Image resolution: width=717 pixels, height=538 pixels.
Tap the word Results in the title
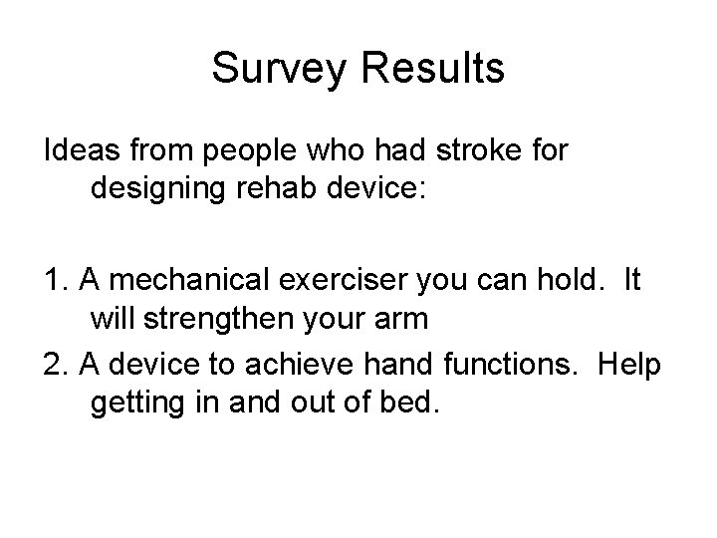coord(431,69)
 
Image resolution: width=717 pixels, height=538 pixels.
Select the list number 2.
coord(55,365)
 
